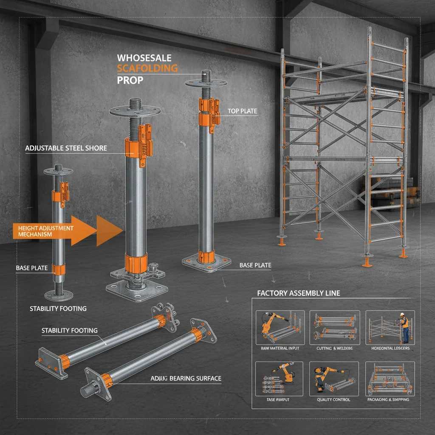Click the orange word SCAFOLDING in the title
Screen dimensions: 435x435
point(147,68)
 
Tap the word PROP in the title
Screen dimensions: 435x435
point(129,80)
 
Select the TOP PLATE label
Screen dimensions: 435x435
point(242,111)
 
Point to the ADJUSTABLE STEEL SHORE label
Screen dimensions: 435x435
point(66,148)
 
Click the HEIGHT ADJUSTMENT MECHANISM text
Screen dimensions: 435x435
point(46,231)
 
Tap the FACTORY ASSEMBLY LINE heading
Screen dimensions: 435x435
point(299,293)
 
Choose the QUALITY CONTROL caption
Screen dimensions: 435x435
point(333,399)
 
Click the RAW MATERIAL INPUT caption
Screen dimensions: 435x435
point(279,348)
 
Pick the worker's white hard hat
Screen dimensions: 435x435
point(401,314)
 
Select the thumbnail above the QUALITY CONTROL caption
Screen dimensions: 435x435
point(334,378)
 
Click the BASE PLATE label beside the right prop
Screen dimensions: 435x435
point(255,265)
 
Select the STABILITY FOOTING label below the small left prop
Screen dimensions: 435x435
point(58,308)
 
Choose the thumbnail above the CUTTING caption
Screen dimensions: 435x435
point(334,327)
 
